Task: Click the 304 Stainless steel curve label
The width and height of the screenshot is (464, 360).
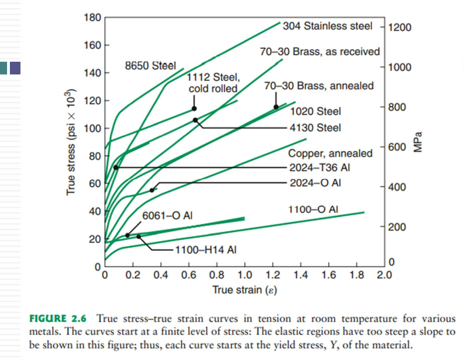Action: pyautogui.click(x=327, y=26)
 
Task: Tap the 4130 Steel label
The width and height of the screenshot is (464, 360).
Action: pyautogui.click(x=315, y=128)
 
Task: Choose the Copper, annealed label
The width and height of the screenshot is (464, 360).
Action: pyautogui.click(x=330, y=154)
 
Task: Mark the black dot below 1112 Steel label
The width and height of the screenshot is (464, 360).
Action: pyautogui.click(x=194, y=109)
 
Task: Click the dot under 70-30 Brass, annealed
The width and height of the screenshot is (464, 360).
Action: pyautogui.click(x=276, y=107)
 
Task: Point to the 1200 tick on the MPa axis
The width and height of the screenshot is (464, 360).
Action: pyautogui.click(x=399, y=27)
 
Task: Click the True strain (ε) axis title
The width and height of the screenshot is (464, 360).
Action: pyautogui.click(x=244, y=289)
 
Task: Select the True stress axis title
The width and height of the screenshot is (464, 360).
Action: pyautogui.click(x=71, y=141)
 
